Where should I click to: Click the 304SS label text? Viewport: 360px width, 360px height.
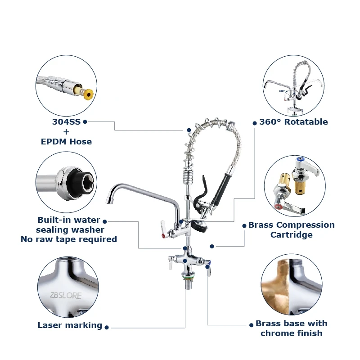coord(66,121)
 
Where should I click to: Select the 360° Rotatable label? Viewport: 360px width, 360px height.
coord(293,121)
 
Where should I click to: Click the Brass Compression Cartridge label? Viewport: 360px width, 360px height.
coord(291,229)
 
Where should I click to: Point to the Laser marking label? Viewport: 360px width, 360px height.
coord(70,325)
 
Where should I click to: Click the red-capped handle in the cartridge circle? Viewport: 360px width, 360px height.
coord(286,207)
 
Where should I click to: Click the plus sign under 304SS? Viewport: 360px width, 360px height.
coord(66,131)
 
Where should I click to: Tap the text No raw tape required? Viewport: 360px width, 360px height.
coord(68,239)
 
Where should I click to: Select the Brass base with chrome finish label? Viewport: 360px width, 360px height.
coord(291,328)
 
